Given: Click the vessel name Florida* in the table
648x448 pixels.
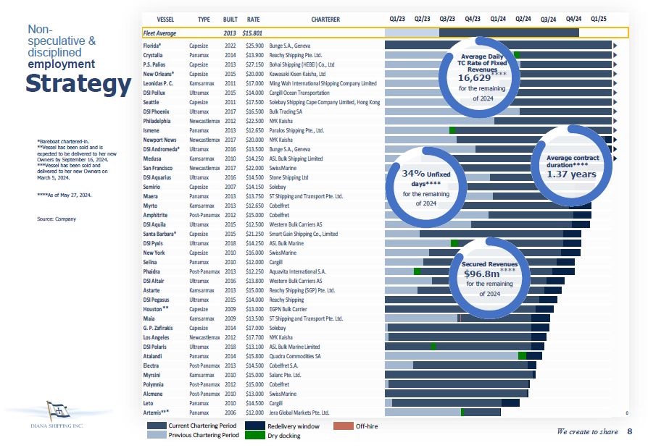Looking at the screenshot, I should click(x=152, y=46).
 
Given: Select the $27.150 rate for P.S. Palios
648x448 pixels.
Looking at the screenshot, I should click(x=254, y=64).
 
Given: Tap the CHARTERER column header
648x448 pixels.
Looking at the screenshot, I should click(x=325, y=19).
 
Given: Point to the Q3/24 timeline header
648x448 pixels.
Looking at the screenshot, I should click(x=549, y=19).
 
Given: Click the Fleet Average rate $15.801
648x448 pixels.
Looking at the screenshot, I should click(x=252, y=33).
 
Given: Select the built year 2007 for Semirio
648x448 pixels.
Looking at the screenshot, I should click(x=230, y=187).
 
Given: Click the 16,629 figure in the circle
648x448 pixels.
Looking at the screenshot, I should click(x=475, y=77).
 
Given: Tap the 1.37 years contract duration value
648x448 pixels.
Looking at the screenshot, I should click(x=572, y=174).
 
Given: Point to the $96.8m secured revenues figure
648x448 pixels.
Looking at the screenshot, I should click(x=482, y=274).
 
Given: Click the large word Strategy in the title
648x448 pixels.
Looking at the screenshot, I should click(x=78, y=84).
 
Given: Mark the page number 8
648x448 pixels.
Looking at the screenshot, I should click(x=629, y=432).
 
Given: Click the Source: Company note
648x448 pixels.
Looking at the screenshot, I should click(x=56, y=219).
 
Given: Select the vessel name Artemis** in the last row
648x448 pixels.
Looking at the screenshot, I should click(x=157, y=413).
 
